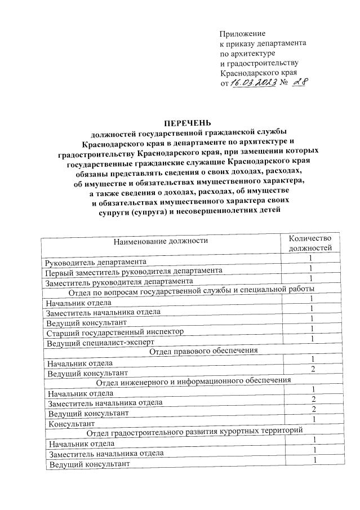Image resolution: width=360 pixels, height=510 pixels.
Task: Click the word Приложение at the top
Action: point(242,34)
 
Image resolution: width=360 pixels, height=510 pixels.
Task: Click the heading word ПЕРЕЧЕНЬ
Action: point(186,122)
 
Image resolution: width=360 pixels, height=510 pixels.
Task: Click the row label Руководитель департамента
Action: point(96,262)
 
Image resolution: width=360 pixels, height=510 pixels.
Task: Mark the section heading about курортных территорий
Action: point(195,433)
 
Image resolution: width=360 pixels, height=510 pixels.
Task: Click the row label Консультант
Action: point(72,423)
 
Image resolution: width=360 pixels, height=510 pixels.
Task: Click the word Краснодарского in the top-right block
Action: point(246,73)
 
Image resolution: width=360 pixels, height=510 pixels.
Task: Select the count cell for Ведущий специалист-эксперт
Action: point(312,338)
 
